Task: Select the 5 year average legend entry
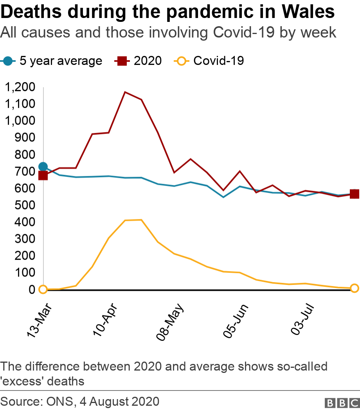tap(52, 61)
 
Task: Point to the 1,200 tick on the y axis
tap(21, 87)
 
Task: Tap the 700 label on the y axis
tap(25, 171)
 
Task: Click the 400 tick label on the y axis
tap(25, 222)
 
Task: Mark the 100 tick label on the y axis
tap(25, 272)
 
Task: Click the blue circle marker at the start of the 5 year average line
tap(43, 167)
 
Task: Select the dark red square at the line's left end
tap(43, 176)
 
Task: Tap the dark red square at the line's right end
tap(354, 194)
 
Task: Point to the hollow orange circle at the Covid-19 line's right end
tap(354, 288)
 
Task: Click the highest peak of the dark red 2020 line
tap(125, 92)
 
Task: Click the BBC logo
tap(342, 403)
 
